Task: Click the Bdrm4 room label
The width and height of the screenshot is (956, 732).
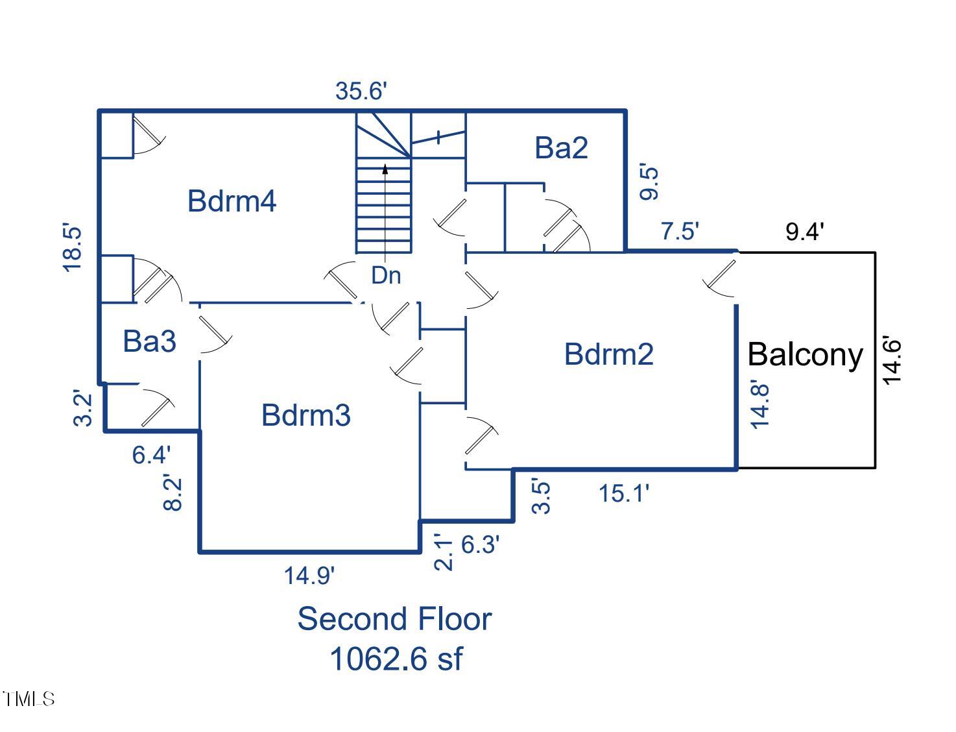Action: tap(232, 201)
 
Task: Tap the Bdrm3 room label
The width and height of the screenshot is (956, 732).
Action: tap(305, 415)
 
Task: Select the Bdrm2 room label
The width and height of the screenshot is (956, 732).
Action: tap(608, 354)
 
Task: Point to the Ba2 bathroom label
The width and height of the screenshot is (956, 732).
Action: tap(561, 148)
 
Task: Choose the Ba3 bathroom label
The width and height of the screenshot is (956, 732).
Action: tap(149, 341)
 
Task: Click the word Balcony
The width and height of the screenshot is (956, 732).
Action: tap(805, 355)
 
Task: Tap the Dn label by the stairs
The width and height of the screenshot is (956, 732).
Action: tap(386, 276)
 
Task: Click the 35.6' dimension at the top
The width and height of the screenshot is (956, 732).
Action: tap(361, 91)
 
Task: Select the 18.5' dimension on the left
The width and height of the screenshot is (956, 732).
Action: tap(72, 248)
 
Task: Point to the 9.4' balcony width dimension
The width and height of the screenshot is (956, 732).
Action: tap(804, 232)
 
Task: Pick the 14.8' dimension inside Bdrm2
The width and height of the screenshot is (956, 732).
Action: tap(759, 405)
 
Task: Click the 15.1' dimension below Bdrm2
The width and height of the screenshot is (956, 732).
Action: tap(623, 494)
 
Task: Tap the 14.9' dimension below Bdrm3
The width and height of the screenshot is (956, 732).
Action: tap(309, 576)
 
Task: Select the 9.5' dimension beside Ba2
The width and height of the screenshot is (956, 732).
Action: tap(649, 183)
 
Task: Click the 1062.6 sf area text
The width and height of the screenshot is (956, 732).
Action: tap(396, 659)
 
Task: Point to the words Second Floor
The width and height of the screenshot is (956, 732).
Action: tap(394, 619)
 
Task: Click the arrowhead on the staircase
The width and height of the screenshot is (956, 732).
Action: tap(385, 169)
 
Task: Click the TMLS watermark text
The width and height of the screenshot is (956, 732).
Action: tap(29, 699)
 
